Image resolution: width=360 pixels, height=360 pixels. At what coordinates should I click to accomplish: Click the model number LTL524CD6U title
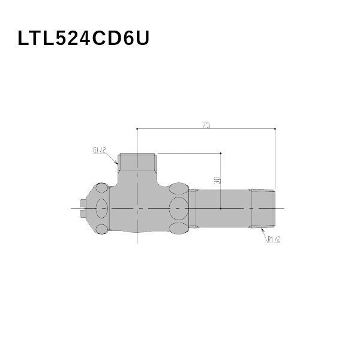click(83, 39)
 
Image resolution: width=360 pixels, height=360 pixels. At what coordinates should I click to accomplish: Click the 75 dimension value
click(206, 125)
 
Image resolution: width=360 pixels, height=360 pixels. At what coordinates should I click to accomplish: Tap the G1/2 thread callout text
click(100, 151)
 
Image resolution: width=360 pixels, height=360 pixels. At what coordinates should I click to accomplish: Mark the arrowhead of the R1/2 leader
click(261, 227)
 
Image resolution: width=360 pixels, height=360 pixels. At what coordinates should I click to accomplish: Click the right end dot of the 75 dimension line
click(275, 128)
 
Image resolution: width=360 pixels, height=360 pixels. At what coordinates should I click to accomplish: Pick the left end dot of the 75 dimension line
click(137, 128)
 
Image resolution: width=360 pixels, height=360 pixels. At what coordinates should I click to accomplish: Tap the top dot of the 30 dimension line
click(221, 153)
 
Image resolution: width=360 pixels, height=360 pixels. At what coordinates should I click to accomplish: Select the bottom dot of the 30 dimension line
click(221, 208)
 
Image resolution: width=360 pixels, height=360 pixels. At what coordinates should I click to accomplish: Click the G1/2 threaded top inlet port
click(137, 161)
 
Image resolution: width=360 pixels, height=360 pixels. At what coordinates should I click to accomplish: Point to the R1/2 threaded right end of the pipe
click(263, 208)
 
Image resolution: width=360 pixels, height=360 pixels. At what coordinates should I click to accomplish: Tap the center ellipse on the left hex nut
click(101, 209)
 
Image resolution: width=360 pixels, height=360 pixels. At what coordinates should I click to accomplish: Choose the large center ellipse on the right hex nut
click(178, 209)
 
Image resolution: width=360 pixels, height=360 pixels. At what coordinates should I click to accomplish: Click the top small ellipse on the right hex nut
click(178, 188)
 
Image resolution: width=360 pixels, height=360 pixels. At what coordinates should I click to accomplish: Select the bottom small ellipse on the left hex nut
click(101, 229)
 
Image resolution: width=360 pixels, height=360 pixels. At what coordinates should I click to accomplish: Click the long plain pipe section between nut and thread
click(222, 208)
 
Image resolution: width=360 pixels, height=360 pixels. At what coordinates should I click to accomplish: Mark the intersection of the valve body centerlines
click(137, 208)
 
